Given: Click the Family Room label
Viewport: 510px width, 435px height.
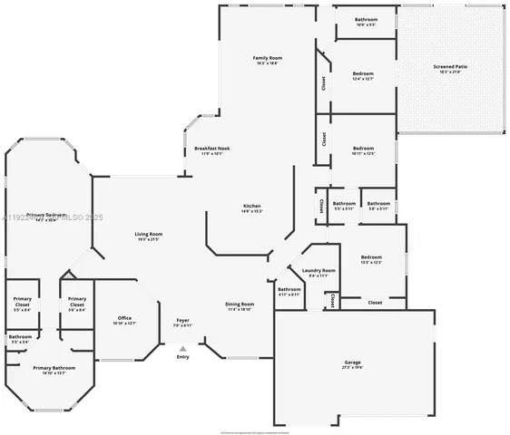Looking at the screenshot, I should tap(267, 58).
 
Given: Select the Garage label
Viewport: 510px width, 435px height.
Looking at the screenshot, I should tap(352, 362).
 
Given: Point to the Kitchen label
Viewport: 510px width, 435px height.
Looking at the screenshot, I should tap(251, 206).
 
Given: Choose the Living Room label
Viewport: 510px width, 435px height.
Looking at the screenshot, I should tap(148, 234).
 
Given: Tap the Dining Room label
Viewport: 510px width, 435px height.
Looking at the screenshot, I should tap(240, 304).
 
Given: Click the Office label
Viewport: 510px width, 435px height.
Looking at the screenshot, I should tap(125, 317).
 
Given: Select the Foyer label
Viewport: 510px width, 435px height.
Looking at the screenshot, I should tap(182, 320).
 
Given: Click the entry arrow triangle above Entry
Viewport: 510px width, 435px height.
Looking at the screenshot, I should tap(182, 348).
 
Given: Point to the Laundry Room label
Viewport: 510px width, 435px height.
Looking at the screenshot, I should tap(319, 270).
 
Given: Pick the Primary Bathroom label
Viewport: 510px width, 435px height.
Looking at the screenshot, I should tap(54, 367).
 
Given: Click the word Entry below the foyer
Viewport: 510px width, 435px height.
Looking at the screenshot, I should tap(183, 357).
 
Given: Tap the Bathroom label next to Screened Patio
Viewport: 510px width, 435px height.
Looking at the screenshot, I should tap(367, 19).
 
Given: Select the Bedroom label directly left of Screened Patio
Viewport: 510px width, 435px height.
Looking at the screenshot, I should tap(362, 73).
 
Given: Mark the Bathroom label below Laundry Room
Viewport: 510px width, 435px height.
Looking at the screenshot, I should tap(289, 289).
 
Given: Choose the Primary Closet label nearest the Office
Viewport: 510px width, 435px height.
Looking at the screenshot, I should tap(77, 302).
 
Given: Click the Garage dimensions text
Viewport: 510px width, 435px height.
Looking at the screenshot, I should tap(352, 367).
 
